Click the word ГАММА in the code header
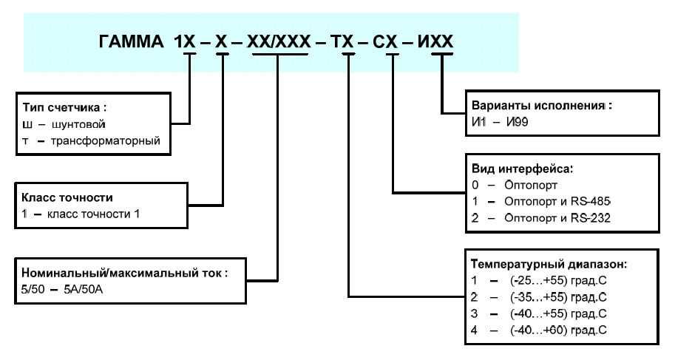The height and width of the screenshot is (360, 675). coord(130,43)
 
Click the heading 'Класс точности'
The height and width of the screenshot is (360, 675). coord(67,197)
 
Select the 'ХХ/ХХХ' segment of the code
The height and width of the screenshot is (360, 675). coord(279,43)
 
